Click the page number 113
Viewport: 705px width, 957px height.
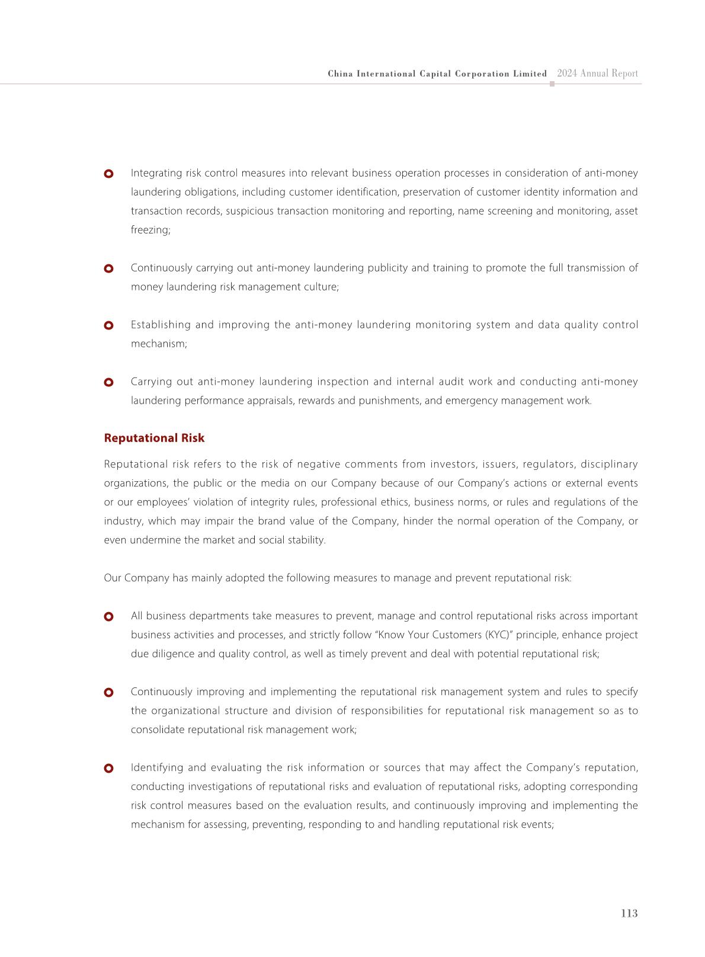pos(629,913)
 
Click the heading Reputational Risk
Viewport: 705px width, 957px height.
pos(154,438)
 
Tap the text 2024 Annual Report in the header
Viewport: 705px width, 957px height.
pos(597,73)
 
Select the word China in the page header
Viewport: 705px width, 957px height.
pos(340,74)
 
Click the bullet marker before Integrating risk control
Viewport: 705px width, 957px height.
pos(108,174)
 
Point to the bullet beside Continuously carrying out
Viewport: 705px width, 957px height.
pos(108,268)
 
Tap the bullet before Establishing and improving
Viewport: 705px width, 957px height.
pos(108,325)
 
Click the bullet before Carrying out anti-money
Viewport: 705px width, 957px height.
pos(108,382)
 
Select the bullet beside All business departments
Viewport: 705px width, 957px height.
pos(108,616)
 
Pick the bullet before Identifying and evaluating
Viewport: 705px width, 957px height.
pos(108,768)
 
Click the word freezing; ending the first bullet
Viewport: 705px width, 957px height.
pos(150,230)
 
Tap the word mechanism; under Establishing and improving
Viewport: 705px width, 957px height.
pos(159,344)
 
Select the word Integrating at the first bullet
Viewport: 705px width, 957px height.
pos(156,173)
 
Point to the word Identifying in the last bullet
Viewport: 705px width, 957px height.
pos(157,767)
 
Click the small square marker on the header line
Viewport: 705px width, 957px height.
pos(552,84)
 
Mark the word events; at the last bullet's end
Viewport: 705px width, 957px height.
pos(539,824)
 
